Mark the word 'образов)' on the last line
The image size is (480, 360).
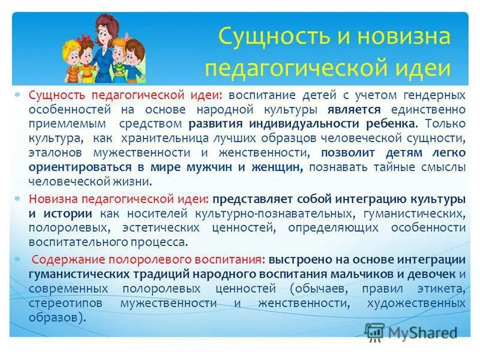tap(53, 317)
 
